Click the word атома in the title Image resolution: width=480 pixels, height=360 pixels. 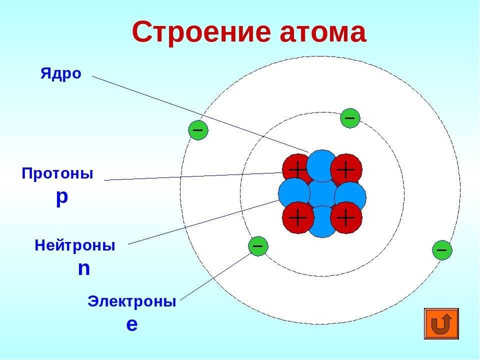point(320,33)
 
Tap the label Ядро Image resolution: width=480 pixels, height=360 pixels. point(60,74)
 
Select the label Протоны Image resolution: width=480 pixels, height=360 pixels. point(57,174)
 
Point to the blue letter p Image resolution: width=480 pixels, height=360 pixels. point(61,196)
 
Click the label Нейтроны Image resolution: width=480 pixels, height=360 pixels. point(75,245)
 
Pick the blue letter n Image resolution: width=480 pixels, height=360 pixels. point(84,268)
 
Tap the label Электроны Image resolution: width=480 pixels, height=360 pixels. point(131,301)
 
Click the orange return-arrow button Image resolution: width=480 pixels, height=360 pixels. point(441,324)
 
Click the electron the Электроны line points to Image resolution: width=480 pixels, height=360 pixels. point(258,246)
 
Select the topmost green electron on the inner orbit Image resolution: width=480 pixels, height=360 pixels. point(350,118)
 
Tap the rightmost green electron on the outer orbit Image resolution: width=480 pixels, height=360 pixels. point(442,249)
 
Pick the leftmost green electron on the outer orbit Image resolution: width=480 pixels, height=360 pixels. point(197,130)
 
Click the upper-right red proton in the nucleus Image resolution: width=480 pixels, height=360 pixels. point(346,169)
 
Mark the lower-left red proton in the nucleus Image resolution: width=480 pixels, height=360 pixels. point(297,218)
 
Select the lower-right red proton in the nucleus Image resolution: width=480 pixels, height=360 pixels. point(346,218)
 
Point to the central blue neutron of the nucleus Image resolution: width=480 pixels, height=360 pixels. point(322,194)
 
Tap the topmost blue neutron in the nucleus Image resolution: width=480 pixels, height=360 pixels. point(322,164)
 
